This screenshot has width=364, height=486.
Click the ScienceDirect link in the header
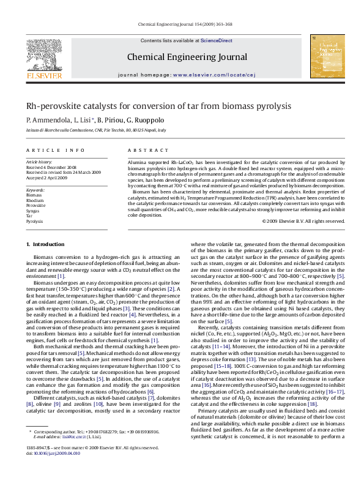[x=217, y=40]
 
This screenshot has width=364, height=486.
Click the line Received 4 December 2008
[x=51, y=166]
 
